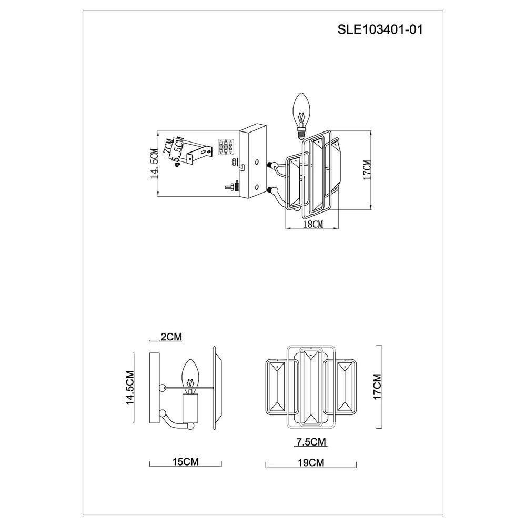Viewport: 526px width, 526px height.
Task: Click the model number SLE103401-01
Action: [x=380, y=31]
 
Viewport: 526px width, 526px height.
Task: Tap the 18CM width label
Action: [x=313, y=224]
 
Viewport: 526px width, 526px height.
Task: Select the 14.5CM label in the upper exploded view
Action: [x=154, y=165]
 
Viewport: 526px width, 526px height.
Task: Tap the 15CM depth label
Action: [x=185, y=462]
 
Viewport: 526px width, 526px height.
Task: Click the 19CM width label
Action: [x=310, y=462]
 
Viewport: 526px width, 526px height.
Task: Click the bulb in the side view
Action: [x=190, y=375]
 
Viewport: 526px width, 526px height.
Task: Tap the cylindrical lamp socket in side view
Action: [x=190, y=409]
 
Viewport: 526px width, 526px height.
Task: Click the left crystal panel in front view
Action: [x=277, y=386]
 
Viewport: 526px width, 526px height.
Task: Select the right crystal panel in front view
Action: [x=345, y=386]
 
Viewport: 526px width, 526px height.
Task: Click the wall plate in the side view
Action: [x=154, y=388]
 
